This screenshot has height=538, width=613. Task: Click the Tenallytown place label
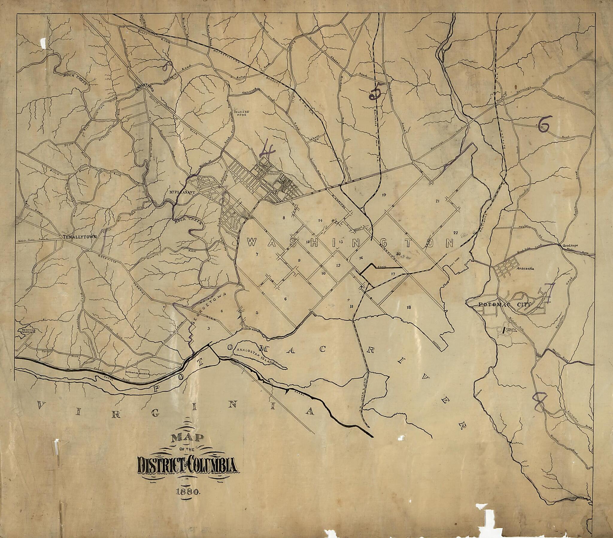coord(80,237)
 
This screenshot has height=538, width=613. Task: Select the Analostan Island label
coord(256,356)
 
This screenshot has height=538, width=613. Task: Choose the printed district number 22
coord(456,232)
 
